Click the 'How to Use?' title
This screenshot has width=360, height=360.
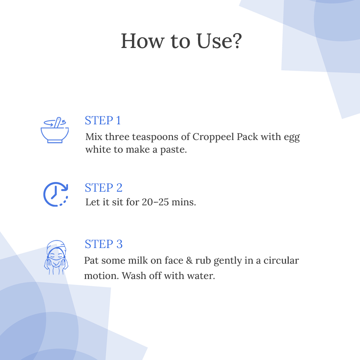pos(181,41)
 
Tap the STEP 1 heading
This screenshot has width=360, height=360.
pos(103,120)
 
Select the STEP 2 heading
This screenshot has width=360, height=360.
pos(104,188)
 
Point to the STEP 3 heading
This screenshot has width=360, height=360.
pos(104,244)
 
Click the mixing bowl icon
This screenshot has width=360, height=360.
pos(55,130)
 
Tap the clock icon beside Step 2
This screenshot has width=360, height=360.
pos(56,194)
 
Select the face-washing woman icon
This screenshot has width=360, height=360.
pos(56,257)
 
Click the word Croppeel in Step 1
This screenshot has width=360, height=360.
pos(213,137)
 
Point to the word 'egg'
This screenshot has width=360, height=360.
pos(292,138)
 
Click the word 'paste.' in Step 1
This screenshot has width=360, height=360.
pos(173,150)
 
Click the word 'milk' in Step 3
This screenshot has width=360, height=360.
pos(138,260)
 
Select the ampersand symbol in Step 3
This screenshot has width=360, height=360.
pos(189,261)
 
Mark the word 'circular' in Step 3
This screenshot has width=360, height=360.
pos(281,260)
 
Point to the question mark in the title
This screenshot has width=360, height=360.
pos(236,41)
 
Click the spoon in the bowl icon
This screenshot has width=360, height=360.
pos(57,123)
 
